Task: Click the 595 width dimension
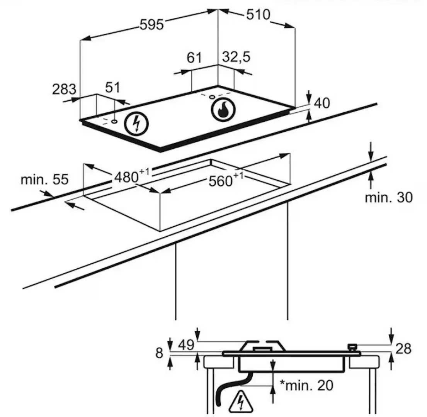click(152, 25)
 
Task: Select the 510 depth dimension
click(258, 15)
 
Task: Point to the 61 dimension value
click(194, 58)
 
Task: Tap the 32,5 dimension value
click(236, 58)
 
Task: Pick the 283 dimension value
click(64, 89)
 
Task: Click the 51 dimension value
click(113, 88)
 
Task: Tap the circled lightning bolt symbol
click(136, 124)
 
